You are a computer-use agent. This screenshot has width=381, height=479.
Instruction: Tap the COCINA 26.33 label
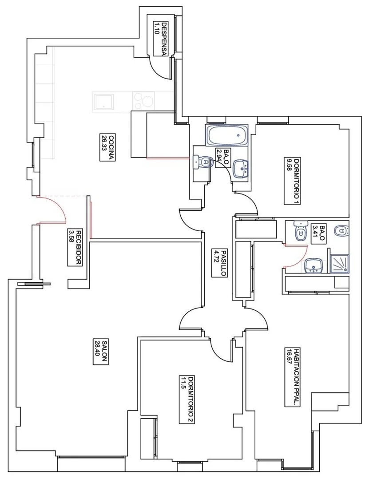(x=107, y=147)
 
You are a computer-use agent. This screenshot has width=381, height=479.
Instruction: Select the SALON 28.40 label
(x=101, y=351)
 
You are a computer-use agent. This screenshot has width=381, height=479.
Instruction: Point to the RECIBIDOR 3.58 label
(x=75, y=248)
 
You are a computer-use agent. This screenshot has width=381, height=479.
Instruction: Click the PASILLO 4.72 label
(x=220, y=263)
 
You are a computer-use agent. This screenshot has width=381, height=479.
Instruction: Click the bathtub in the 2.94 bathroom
(x=227, y=135)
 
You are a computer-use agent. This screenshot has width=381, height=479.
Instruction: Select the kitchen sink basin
(x=104, y=102)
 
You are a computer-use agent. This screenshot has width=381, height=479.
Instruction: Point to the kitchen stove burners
(x=143, y=100)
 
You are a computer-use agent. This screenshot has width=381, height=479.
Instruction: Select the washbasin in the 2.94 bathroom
(x=241, y=169)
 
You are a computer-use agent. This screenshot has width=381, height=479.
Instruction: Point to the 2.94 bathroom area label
(x=223, y=158)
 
